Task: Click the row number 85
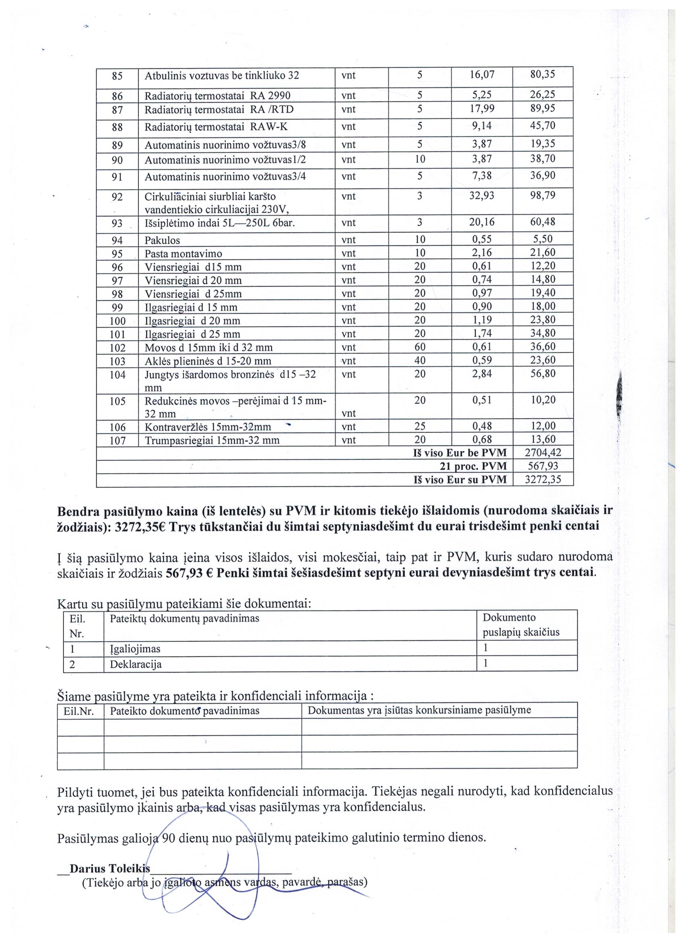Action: [118, 76]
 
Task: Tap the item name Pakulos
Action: [162, 240]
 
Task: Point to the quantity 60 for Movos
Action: [419, 347]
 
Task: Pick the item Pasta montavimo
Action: [183, 254]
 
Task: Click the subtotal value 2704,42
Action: [543, 453]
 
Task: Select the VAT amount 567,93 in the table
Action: [543, 466]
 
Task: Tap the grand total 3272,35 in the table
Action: [543, 480]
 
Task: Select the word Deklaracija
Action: [135, 664]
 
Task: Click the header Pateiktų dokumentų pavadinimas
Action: [184, 619]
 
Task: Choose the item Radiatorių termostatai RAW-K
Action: [216, 127]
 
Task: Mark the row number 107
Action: [117, 440]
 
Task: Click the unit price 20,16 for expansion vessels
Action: [482, 222]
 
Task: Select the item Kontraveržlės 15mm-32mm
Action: [208, 427]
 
